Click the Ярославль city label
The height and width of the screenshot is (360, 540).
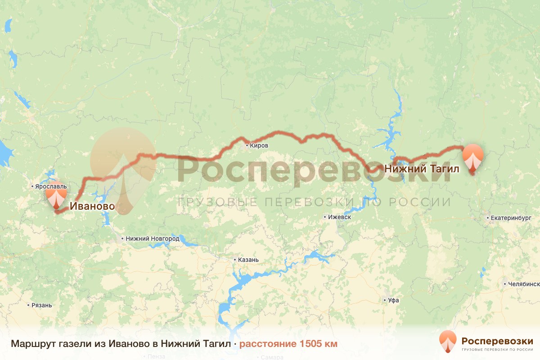click(x=50, y=186)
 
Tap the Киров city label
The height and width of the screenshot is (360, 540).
click(x=259, y=146)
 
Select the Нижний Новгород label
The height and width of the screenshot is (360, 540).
click(x=153, y=239)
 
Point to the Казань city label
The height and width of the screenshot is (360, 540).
click(x=248, y=260)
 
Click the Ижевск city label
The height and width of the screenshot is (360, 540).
click(x=340, y=217)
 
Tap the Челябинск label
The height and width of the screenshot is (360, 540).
click(x=523, y=284)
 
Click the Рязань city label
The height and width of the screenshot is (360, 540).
click(x=42, y=305)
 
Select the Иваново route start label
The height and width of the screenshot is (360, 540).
click(x=92, y=207)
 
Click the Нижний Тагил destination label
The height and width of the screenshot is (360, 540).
click(x=421, y=169)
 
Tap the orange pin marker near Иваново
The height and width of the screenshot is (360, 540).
click(x=56, y=198)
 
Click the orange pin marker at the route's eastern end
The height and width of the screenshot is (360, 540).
click(x=473, y=157)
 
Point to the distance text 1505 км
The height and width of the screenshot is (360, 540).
click(x=288, y=344)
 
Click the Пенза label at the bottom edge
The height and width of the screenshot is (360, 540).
click(x=153, y=357)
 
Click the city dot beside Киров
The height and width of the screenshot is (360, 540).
click(x=247, y=146)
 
